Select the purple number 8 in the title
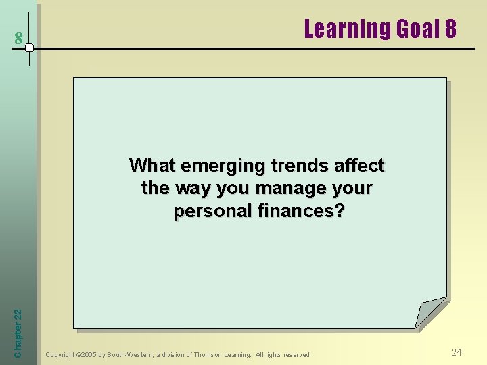click(450, 29)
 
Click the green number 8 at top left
click(19, 39)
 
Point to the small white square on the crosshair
click(29, 48)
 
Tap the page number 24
click(457, 352)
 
